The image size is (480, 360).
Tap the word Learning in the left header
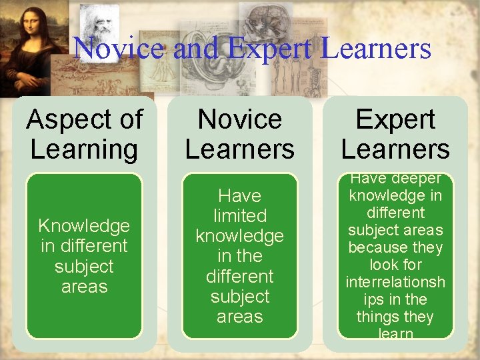pyautogui.click(x=84, y=149)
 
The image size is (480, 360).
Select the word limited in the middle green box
pyautogui.click(x=239, y=216)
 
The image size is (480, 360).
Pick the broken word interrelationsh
pyautogui.click(x=395, y=282)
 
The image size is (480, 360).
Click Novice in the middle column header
pyautogui.click(x=239, y=120)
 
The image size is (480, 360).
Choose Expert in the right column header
pyautogui.click(x=395, y=120)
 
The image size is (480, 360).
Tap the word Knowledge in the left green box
pyautogui.click(x=84, y=226)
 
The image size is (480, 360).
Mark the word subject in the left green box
pyautogui.click(x=84, y=267)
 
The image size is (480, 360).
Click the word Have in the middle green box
pyautogui.click(x=239, y=196)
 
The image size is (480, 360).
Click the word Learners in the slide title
pyautogui.click(x=375, y=48)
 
